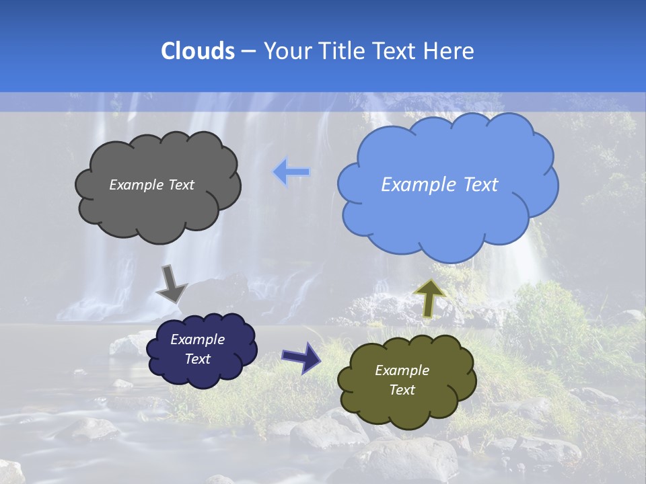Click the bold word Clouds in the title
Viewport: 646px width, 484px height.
tap(198, 51)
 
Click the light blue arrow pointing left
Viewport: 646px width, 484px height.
tap(291, 172)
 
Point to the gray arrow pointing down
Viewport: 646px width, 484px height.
tap(171, 283)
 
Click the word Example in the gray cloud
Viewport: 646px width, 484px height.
tap(135, 185)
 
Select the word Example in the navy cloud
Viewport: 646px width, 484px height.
tap(197, 339)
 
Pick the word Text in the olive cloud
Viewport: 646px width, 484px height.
tap(402, 390)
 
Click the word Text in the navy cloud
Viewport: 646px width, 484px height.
tap(197, 359)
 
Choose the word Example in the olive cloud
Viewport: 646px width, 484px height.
tap(402, 370)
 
